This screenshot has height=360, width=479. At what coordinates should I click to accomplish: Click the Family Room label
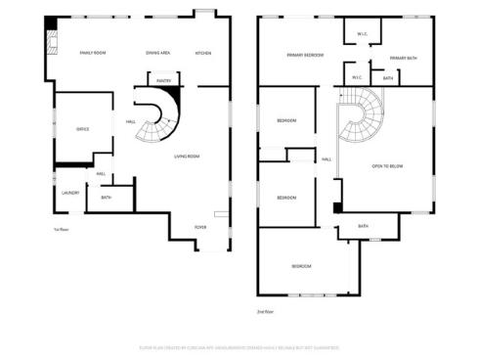[94, 53]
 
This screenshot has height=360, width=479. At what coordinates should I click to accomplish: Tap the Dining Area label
[158, 53]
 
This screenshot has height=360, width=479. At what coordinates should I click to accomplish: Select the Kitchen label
[202, 53]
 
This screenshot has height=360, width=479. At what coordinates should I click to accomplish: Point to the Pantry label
[163, 82]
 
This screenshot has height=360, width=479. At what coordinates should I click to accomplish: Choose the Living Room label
[187, 157]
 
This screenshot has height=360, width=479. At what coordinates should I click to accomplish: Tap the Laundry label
[70, 193]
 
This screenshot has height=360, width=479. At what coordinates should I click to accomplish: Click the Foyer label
[199, 227]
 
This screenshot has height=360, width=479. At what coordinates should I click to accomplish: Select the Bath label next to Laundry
[106, 197]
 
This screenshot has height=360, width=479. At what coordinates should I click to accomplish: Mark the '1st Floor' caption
[61, 230]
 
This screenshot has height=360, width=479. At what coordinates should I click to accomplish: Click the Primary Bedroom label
[305, 56]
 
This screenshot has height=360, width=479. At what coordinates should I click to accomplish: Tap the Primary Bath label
[403, 59]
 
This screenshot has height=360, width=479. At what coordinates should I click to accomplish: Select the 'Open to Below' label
[387, 166]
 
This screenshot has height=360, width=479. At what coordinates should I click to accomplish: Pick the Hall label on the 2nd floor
[326, 158]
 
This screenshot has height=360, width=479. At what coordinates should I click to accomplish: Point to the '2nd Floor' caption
[264, 311]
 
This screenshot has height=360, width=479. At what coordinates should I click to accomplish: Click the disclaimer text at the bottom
[239, 346]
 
